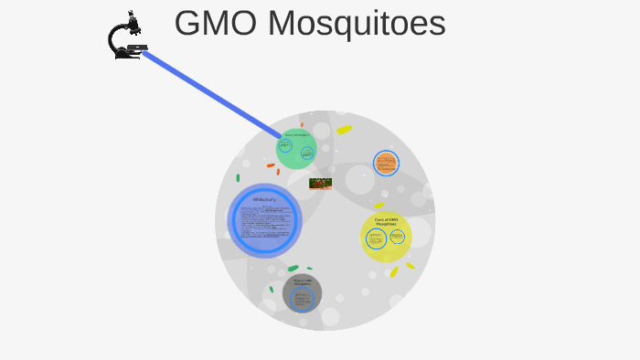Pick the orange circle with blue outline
pos(386,164)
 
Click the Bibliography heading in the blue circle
pos(264,199)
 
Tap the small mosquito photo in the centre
pos(320,183)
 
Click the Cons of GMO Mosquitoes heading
pos(386,221)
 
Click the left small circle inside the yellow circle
pos(376,238)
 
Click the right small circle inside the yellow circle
pos(398,237)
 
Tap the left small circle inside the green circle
pos(286,145)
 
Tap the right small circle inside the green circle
pos(307,153)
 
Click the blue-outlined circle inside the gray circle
pos(302,299)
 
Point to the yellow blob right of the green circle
pos(344,130)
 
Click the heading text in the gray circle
pos(303,281)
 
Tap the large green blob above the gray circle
pos(293,269)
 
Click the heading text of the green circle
pos(296,135)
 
